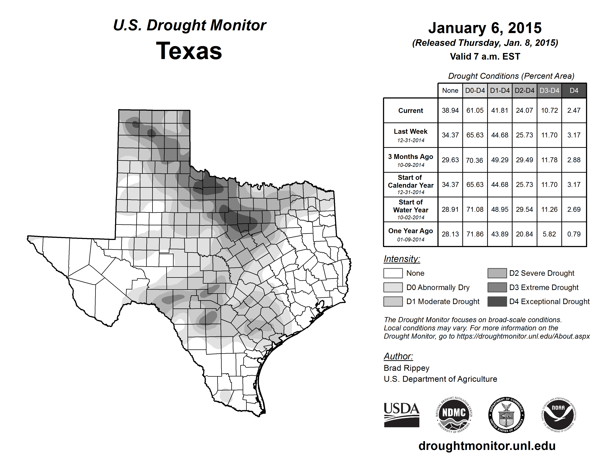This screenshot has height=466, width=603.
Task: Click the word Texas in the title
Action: [x=189, y=51]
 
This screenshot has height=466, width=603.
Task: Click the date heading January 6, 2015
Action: [x=485, y=28]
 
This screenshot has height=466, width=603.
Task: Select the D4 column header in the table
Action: [x=574, y=90]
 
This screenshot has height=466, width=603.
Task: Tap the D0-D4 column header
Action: [x=475, y=90]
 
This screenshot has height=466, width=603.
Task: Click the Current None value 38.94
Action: [x=450, y=110]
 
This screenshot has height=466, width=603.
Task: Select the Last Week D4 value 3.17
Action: [x=574, y=135]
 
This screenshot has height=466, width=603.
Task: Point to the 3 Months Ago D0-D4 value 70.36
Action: [x=475, y=160]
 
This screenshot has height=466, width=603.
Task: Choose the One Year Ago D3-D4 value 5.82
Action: [x=549, y=234]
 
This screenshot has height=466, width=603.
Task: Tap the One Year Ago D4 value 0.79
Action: [x=574, y=234]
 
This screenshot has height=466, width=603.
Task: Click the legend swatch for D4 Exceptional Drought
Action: [x=497, y=302]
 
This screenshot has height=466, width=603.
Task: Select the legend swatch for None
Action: [x=393, y=273]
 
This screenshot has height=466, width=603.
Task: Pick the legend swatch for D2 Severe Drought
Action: [x=497, y=273]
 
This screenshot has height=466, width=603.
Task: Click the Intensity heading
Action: [x=402, y=259]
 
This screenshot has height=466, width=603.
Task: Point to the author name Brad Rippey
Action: [x=406, y=368]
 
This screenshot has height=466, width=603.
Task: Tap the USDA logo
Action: [x=401, y=415]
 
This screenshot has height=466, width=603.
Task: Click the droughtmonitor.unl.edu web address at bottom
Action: [x=487, y=446]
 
